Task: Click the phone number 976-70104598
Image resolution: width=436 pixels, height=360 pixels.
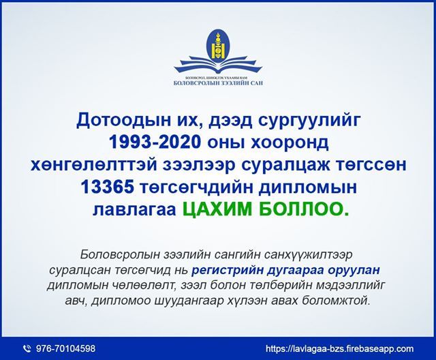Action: (65, 348)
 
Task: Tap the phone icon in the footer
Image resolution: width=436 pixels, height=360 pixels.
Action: (27, 348)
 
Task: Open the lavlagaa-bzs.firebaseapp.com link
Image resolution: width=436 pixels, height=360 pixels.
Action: (339, 348)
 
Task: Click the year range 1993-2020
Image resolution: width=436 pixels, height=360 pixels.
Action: (155, 142)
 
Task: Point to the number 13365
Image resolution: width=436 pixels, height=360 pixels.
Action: (107, 187)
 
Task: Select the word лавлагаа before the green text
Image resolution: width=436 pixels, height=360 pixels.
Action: (134, 210)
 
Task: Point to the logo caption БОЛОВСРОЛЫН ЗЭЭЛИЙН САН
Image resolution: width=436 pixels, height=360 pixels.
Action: (218, 83)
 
